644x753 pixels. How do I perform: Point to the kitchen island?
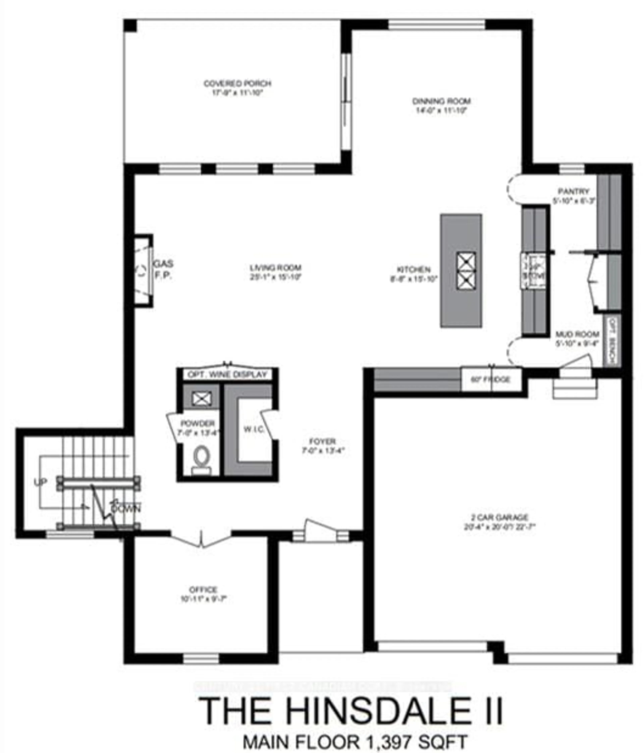461,271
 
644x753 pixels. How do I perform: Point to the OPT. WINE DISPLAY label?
227,374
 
